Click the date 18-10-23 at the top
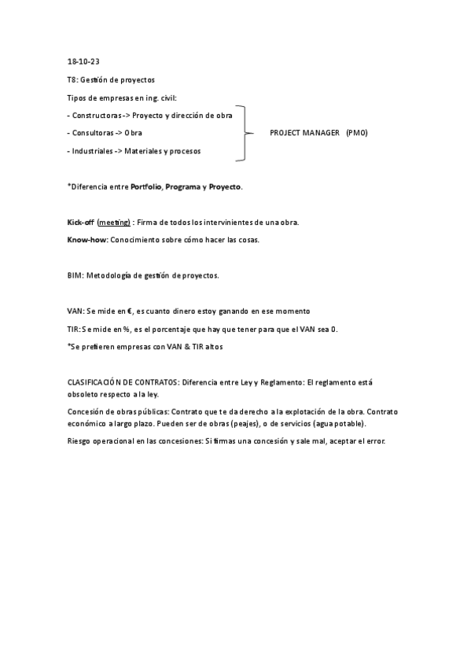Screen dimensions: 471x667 83,61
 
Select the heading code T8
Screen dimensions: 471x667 72,79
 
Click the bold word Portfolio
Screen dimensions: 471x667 145,186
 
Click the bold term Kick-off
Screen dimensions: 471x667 79,223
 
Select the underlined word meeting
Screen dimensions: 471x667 115,223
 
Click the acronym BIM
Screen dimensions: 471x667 75,276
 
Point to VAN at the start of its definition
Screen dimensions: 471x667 75,311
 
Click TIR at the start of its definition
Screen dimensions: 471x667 74,329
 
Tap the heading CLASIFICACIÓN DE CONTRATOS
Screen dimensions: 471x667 123,381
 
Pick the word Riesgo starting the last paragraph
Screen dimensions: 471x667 80,440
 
